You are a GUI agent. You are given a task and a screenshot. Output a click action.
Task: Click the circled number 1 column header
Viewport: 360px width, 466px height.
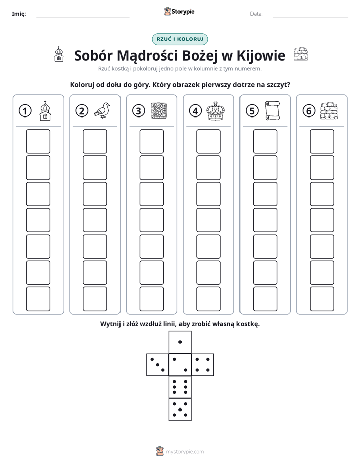(25, 111)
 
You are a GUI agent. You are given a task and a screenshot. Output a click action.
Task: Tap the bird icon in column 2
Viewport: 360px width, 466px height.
(102, 110)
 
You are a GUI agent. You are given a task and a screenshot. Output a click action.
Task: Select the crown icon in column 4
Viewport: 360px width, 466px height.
(216, 110)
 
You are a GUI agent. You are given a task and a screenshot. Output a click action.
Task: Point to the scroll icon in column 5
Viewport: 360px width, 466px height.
(272, 111)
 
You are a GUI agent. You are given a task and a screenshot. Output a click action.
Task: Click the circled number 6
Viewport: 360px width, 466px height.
(309, 111)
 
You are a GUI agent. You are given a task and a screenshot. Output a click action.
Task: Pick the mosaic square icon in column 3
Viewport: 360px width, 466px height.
(159, 111)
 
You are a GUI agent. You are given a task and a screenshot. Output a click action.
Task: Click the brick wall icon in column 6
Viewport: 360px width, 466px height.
(329, 111)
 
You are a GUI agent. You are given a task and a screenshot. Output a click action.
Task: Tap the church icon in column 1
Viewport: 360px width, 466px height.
(45, 110)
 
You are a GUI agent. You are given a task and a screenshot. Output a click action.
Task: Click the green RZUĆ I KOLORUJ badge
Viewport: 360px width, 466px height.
(180, 39)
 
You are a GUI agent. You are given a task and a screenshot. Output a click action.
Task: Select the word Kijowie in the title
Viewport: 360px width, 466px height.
(261, 55)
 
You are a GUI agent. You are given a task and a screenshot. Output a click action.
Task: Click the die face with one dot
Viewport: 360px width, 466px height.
(180, 342)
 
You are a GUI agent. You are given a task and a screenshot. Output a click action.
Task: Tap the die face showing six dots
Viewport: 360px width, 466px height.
(180, 387)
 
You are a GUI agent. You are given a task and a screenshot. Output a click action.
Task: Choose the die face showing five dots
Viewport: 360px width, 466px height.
(180, 410)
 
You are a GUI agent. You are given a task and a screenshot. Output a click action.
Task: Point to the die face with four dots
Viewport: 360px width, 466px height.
(203, 365)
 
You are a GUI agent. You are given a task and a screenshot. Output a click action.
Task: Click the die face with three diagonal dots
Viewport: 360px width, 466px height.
(157, 365)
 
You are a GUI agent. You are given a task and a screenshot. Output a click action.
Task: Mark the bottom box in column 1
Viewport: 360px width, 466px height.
(38, 299)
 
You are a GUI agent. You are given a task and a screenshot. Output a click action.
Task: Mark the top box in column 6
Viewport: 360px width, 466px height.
(322, 141)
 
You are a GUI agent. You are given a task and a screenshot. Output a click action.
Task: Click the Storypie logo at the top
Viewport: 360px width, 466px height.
(179, 12)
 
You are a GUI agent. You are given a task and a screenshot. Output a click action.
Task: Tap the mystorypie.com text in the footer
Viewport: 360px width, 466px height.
(185, 452)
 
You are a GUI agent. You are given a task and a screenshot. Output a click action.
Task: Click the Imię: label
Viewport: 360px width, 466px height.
(19, 14)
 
